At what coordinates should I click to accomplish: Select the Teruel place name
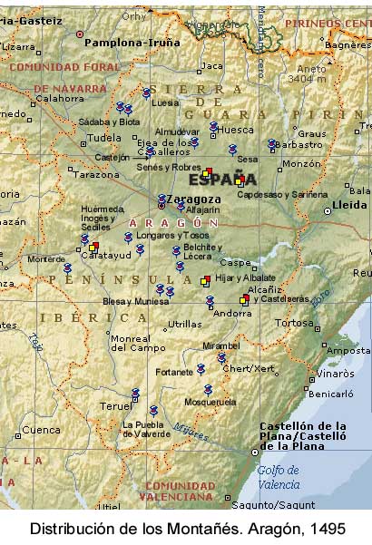pos(115,406)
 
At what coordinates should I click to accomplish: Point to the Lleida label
pos(349,205)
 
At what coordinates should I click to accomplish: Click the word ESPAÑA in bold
pos(222,179)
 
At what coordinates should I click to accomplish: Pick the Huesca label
pos(237,130)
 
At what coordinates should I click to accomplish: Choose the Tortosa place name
pos(294,322)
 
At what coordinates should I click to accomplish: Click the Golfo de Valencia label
pos(278,476)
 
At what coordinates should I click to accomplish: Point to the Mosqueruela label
pos(210,401)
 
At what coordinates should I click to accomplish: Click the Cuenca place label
pos(41,430)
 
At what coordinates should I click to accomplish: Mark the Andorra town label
pos(232,314)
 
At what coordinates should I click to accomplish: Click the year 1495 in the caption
pos(328,528)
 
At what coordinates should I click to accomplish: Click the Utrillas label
pos(184,324)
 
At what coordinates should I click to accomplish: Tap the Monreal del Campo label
pos(131,343)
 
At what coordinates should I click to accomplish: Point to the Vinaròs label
pos(334,373)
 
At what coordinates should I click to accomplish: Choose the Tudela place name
pos(103,138)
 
